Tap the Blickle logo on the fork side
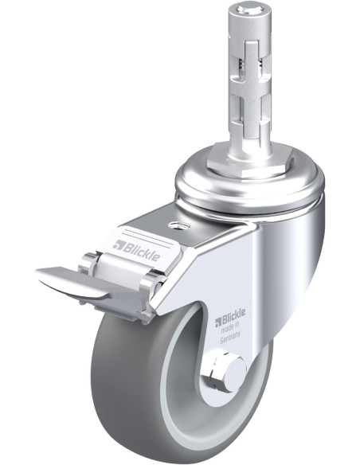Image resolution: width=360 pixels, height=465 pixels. coord(230,317)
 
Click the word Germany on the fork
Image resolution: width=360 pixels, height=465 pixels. coord(230,338)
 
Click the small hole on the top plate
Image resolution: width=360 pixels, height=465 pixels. coord(177,225)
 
